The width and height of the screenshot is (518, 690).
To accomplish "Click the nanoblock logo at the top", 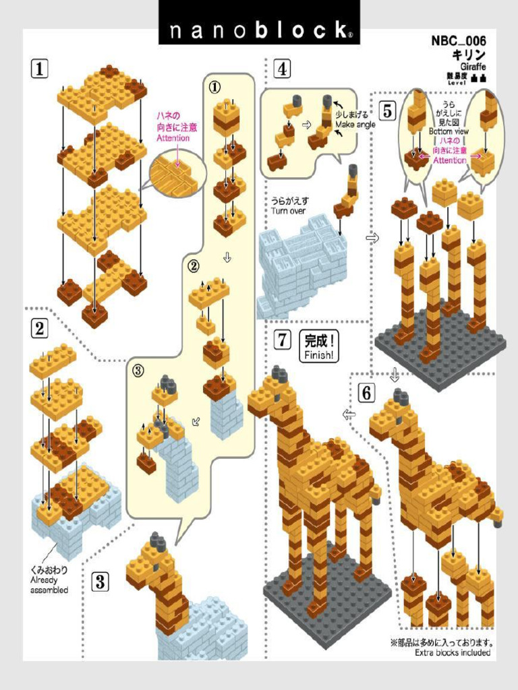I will [x=259, y=30].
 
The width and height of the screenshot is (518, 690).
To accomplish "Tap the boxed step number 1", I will [x=40, y=68].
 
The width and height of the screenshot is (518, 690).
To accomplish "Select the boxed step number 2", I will [x=40, y=329].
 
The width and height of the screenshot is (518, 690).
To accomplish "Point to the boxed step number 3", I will [x=100, y=581].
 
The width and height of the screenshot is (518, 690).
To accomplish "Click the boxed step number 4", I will [x=282, y=68].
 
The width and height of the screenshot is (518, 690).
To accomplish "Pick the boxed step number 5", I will [x=387, y=111].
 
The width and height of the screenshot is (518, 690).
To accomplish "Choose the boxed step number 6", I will [x=366, y=393].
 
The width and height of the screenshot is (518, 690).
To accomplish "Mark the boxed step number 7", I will [x=282, y=340].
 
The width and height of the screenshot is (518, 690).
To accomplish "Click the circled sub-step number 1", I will [x=214, y=87].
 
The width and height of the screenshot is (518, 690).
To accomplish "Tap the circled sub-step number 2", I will [x=194, y=265].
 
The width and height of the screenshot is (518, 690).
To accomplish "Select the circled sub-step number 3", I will [x=138, y=370].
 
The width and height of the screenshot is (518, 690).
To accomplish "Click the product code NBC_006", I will [x=459, y=41].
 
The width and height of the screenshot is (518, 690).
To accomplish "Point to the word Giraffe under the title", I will [x=472, y=67].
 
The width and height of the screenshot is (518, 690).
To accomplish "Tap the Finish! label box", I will [x=319, y=347].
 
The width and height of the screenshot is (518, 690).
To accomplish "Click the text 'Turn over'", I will [x=288, y=211].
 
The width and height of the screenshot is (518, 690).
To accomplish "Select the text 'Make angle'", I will [x=355, y=125].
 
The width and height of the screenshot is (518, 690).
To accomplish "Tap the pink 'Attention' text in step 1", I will [x=173, y=138].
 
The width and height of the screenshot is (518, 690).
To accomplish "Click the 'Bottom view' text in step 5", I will [x=449, y=132].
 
